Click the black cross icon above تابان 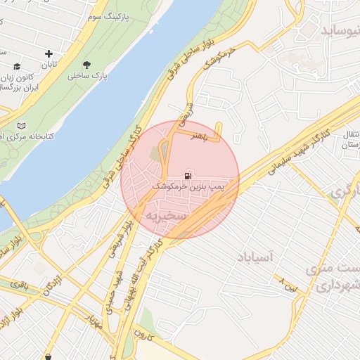49,54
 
